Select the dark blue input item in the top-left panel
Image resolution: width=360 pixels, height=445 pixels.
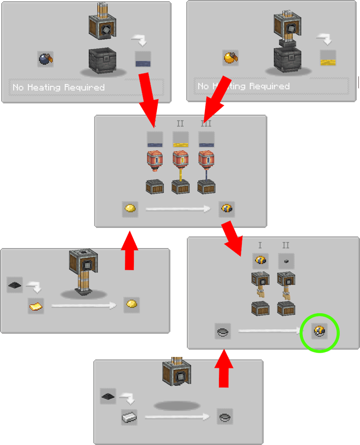pyautogui.click(x=45, y=58)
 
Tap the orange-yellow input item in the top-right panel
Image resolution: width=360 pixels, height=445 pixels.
pyautogui.click(x=230, y=57)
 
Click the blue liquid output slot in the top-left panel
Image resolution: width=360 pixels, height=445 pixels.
pyautogui.click(x=143, y=59)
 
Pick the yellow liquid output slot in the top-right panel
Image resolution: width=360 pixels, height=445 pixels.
pyautogui.click(x=328, y=58)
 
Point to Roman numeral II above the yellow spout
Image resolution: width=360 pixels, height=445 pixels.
pyautogui.click(x=180, y=124)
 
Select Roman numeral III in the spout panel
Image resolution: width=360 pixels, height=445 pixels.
pyautogui.click(x=206, y=124)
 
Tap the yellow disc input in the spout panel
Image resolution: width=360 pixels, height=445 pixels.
pyautogui.click(x=130, y=209)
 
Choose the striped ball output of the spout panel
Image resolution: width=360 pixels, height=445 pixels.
pyautogui.click(x=227, y=209)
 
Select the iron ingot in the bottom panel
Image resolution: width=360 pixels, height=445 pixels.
pyautogui.click(x=129, y=417)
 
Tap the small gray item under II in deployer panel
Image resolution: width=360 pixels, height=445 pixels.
pyautogui.click(x=286, y=261)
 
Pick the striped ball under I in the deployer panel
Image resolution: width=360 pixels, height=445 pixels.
pyautogui.click(x=260, y=261)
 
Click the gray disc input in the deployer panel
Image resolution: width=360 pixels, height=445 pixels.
pyautogui.click(x=223, y=331)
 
